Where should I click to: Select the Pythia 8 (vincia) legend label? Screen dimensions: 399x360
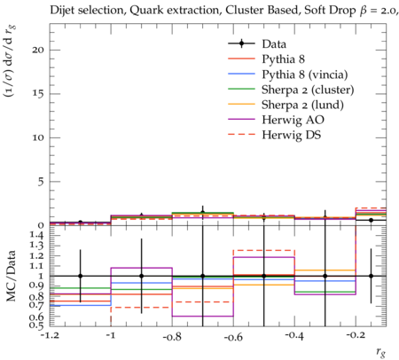tap(305, 74)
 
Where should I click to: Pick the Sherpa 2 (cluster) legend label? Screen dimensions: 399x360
tap(308, 90)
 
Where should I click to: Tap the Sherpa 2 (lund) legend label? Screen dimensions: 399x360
tap(302, 105)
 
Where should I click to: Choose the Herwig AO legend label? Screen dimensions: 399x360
tap(293, 120)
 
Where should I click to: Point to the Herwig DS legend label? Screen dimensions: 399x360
tap(292, 135)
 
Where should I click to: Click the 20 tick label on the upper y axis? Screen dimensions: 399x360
tap(38, 50)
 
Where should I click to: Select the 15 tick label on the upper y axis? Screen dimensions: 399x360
tap(39, 94)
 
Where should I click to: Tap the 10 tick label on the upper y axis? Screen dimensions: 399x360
tap(38, 137)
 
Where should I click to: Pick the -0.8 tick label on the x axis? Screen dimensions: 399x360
tap(172, 336)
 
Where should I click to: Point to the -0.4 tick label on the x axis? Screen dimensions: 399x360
tap(294, 336)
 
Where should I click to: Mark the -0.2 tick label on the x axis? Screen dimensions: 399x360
tap(356, 336)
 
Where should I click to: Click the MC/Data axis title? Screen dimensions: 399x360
tap(11, 276)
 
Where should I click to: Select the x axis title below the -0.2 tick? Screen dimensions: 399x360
tap(381, 351)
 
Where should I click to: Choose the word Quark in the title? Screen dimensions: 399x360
tap(142, 11)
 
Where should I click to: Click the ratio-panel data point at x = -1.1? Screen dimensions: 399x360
tap(80, 276)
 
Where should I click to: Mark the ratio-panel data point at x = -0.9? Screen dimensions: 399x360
tap(141, 276)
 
